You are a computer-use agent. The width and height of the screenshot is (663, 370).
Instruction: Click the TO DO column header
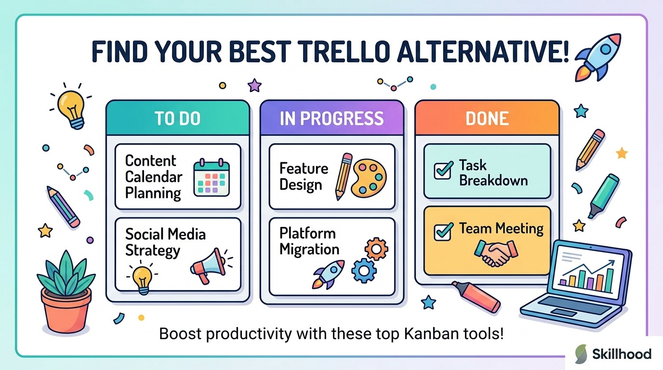[x=178, y=118]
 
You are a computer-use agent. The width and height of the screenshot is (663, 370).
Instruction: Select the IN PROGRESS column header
[x=332, y=118]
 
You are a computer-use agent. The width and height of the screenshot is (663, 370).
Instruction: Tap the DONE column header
[x=487, y=118]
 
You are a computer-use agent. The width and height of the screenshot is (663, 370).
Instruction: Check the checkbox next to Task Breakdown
[x=443, y=171]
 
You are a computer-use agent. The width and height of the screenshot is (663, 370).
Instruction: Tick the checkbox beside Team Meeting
[x=443, y=232]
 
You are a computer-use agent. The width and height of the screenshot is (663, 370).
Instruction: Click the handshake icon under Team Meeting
[x=496, y=253]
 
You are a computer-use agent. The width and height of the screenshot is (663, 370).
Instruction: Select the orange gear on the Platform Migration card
[x=376, y=249]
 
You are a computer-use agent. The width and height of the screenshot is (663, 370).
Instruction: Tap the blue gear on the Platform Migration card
[x=364, y=271]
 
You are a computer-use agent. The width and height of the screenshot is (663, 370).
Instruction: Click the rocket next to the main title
[x=598, y=58]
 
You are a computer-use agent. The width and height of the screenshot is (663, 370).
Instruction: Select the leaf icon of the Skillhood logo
[x=581, y=354]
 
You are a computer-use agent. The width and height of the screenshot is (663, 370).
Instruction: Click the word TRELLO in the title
[x=343, y=52]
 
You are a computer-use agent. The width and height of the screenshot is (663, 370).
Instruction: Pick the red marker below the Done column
[x=477, y=297]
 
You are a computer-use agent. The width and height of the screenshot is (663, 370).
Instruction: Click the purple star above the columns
[x=254, y=86]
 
